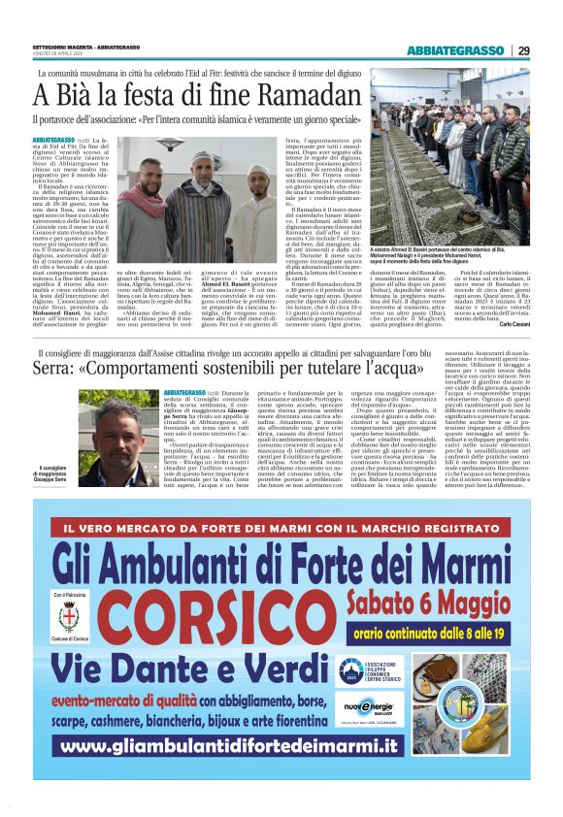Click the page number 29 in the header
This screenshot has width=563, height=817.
pyautogui.click(x=523, y=50)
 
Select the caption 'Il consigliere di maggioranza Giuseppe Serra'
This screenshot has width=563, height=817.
pyautogui.click(x=54, y=475)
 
